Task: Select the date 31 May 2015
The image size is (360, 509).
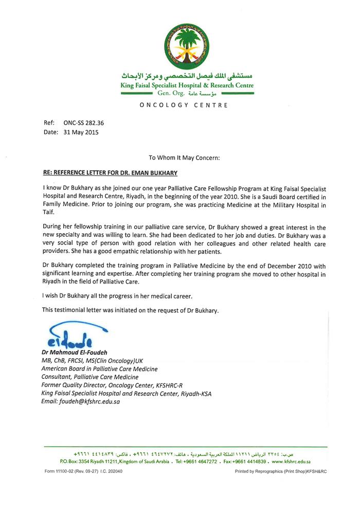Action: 81,132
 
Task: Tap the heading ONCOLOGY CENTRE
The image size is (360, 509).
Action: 183,106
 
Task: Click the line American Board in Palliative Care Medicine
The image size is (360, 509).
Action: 100,369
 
